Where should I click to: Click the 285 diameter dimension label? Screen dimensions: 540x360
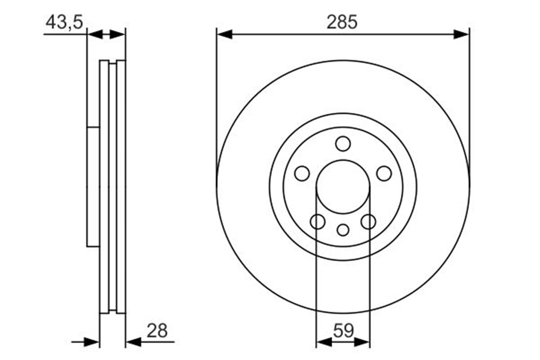point(342,22)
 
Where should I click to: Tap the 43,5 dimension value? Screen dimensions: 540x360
point(64,22)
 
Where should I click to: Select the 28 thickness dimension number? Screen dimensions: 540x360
point(157,331)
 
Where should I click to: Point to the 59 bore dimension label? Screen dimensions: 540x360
point(343,331)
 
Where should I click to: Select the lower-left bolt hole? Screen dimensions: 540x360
point(318,221)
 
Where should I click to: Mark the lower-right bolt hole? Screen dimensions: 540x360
point(369,221)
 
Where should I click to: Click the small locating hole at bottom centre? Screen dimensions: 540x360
point(343,230)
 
